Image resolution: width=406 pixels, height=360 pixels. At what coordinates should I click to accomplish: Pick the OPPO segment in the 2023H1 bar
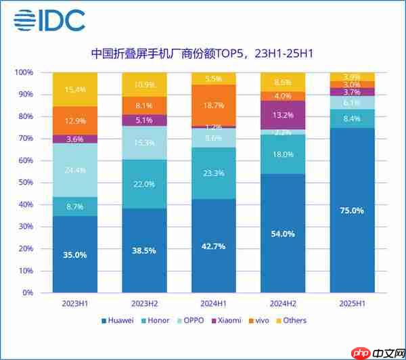pyautogui.click(x=76, y=170)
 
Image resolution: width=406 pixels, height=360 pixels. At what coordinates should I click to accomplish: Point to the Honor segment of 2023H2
pyautogui.click(x=143, y=184)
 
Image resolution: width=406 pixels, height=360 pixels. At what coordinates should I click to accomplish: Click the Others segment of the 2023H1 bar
pyautogui.click(x=76, y=89)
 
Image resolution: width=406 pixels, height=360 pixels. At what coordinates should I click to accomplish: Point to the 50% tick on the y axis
pyautogui.click(x=25, y=183)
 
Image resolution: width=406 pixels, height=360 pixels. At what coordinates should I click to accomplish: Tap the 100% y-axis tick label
pyautogui.click(x=24, y=72)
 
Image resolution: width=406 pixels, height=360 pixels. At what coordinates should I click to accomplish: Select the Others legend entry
pyautogui.click(x=291, y=320)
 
